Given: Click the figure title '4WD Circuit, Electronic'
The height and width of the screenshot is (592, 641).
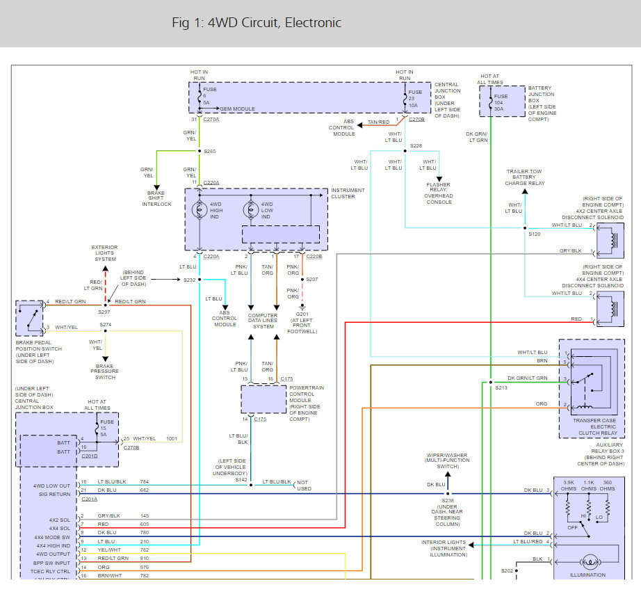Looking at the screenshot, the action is [x=275, y=22].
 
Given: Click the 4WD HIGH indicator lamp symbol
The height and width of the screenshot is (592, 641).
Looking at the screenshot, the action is [x=200, y=210].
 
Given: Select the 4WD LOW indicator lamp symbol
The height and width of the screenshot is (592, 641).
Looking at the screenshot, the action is [x=251, y=210].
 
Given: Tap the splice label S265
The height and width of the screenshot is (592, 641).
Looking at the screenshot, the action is [x=210, y=152].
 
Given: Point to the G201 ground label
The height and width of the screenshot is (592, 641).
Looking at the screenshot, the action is [x=302, y=314].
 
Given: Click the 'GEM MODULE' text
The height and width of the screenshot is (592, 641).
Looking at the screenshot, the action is [x=237, y=109].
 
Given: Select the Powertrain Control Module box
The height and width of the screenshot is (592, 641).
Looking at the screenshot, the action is [x=263, y=399].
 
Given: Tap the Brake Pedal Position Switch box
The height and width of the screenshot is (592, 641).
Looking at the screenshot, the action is [x=29, y=319].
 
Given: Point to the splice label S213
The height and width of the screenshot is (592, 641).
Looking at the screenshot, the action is [x=501, y=388].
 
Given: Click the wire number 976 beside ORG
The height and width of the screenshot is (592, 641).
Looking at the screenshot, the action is [x=145, y=568].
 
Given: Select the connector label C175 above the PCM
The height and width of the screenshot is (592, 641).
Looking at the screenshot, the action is [x=286, y=379].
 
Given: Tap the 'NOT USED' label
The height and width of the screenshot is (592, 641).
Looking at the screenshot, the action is [x=304, y=486].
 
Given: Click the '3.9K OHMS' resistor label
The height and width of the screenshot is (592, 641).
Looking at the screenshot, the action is [x=569, y=486].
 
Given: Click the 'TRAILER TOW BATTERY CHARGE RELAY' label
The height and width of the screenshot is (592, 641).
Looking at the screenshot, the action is [x=524, y=177].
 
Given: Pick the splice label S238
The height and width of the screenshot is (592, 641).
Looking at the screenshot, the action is [x=448, y=500].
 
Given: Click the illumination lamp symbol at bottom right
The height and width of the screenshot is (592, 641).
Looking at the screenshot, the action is [x=589, y=562].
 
